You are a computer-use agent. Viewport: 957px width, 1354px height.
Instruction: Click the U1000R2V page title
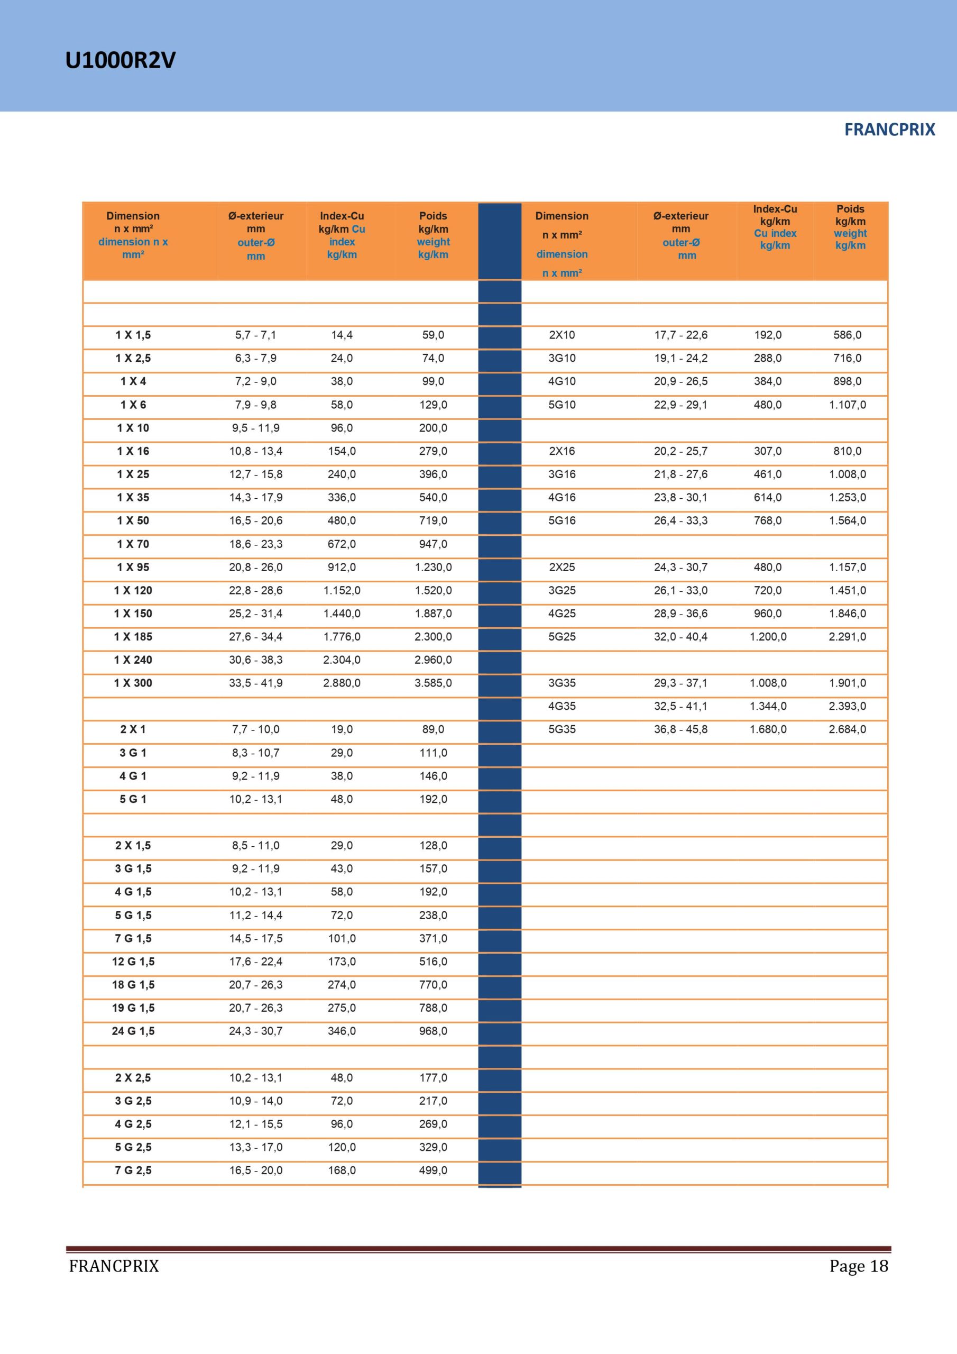[121, 60]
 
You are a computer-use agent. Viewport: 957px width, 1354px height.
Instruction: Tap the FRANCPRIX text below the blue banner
[889, 130]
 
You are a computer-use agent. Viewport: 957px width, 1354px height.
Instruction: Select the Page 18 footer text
[858, 1266]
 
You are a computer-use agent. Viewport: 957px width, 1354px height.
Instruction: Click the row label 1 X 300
[133, 683]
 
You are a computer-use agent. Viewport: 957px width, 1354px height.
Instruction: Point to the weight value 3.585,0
[433, 683]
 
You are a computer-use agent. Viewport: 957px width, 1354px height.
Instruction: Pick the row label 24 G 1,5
[133, 1031]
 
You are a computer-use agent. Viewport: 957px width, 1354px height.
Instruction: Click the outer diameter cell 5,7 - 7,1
[255, 335]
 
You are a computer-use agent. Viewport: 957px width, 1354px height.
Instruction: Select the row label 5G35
[562, 729]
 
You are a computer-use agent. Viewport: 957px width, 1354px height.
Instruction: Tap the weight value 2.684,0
[848, 729]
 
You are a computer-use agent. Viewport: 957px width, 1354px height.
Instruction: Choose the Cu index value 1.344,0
[768, 706]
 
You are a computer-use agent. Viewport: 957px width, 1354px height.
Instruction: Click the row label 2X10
[562, 335]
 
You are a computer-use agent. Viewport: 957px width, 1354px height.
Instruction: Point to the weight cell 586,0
[848, 335]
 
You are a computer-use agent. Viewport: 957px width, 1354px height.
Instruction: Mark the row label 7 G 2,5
[133, 1170]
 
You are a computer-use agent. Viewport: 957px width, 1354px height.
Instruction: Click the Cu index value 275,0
[342, 1008]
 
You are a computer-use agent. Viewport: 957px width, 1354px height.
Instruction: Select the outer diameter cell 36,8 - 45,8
[680, 729]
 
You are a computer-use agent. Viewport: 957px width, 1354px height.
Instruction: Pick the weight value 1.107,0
[848, 405]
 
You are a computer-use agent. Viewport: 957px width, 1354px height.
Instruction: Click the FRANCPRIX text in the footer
[114, 1266]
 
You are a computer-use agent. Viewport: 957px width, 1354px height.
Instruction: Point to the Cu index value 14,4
[342, 335]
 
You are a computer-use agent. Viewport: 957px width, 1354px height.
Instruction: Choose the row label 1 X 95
[133, 568]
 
